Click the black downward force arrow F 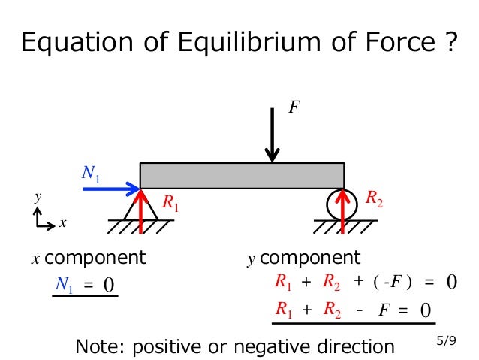273,139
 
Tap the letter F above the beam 294,108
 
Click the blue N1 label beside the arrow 91,175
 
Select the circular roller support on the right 343,204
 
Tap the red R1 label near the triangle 171,203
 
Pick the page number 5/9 446,341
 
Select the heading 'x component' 89,258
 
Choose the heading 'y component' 304,259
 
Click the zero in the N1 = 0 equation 108,285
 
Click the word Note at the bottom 99,346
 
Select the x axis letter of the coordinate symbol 63,223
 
